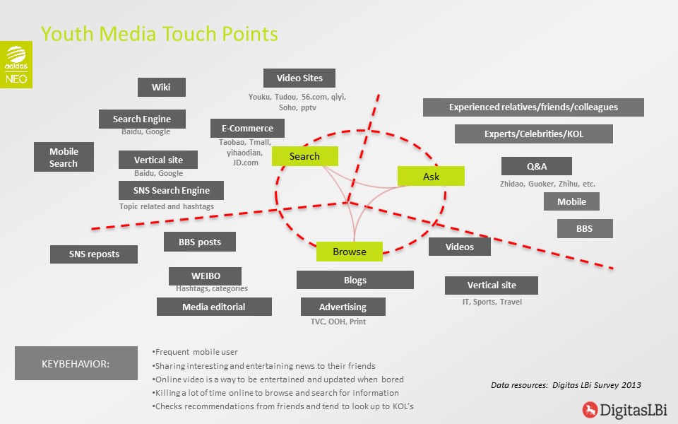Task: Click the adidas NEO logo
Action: (x=16, y=64)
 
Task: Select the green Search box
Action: (x=305, y=156)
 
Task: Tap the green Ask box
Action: (x=431, y=176)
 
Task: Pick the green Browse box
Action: (x=350, y=252)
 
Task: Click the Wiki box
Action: (x=162, y=87)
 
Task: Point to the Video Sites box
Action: (x=299, y=78)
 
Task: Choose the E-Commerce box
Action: (x=247, y=128)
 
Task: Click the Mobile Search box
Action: (x=64, y=157)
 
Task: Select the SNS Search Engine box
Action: (x=171, y=190)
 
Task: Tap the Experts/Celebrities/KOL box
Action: (x=534, y=134)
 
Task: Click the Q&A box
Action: (x=537, y=166)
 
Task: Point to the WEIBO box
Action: (x=206, y=276)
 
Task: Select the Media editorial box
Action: (x=214, y=307)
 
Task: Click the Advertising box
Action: (x=343, y=307)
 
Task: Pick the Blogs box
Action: (x=355, y=280)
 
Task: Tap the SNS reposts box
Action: (x=94, y=254)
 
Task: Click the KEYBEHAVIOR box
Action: (x=76, y=363)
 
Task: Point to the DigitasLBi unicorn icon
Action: (x=590, y=410)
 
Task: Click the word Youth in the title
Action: (x=67, y=34)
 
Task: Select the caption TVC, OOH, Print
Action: (x=338, y=322)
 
